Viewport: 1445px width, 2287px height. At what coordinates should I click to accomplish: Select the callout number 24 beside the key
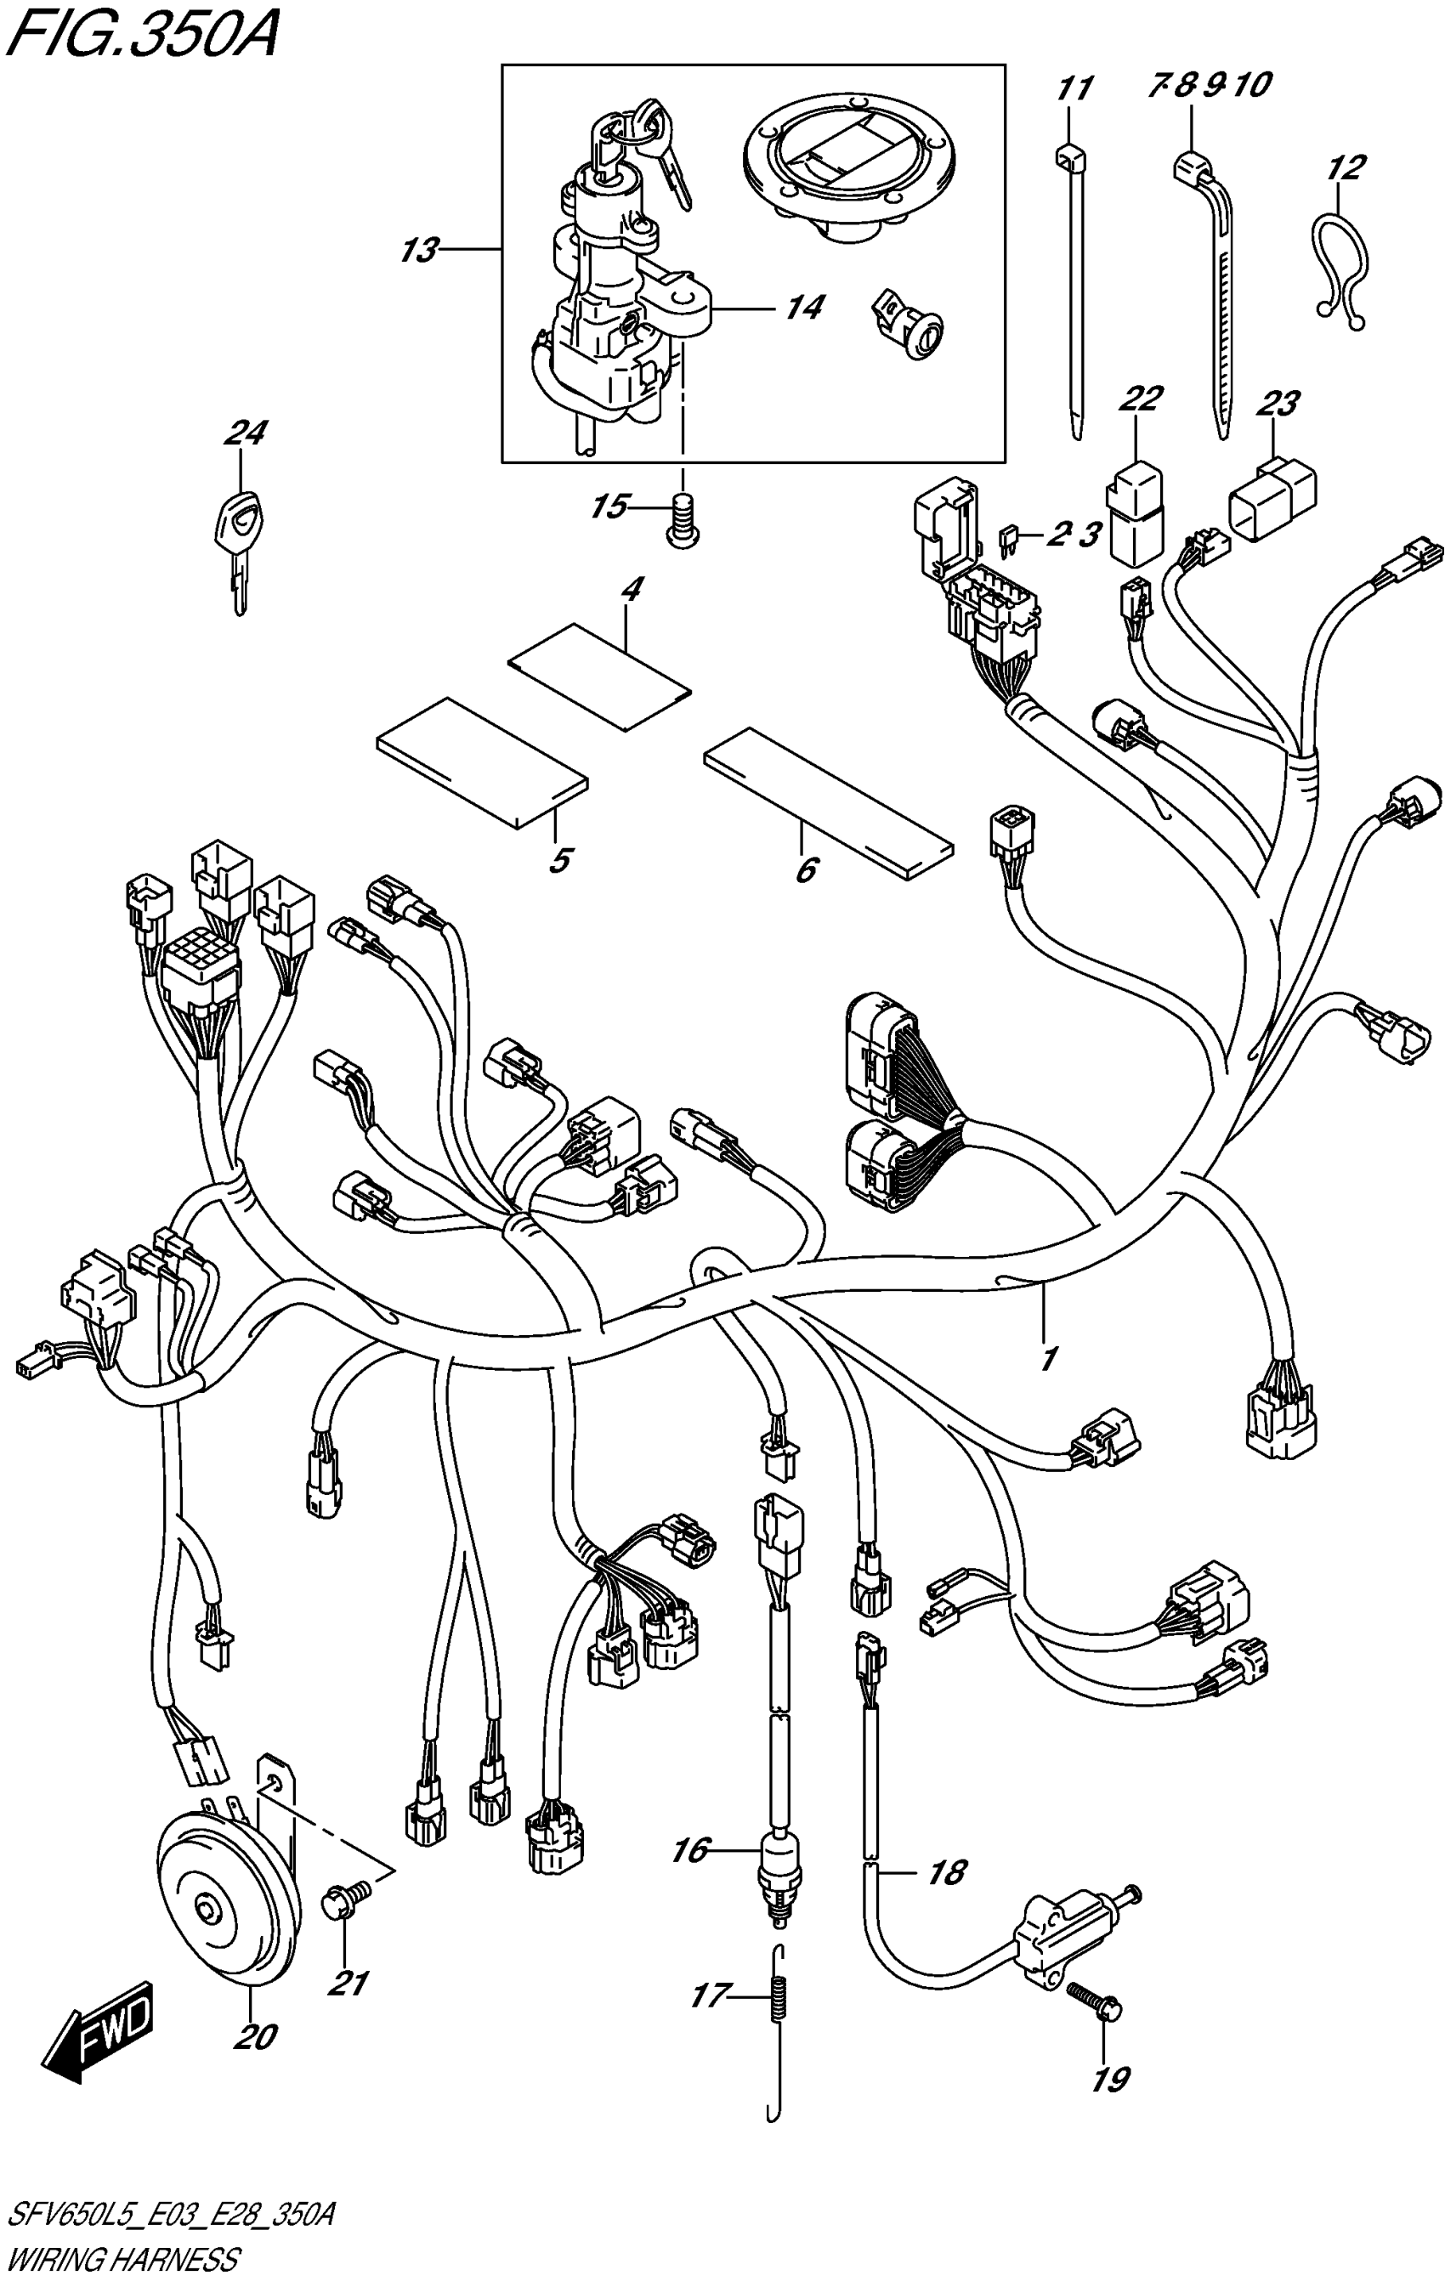(245, 434)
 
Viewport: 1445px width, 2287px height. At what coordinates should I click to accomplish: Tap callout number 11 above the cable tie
(1074, 89)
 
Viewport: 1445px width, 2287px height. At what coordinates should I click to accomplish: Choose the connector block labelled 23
(1273, 495)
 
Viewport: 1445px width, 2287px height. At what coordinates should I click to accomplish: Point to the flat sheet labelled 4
(598, 676)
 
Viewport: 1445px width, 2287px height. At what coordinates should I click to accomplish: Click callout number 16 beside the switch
(691, 1850)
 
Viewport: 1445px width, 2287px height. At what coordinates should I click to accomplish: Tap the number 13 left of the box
(419, 251)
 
